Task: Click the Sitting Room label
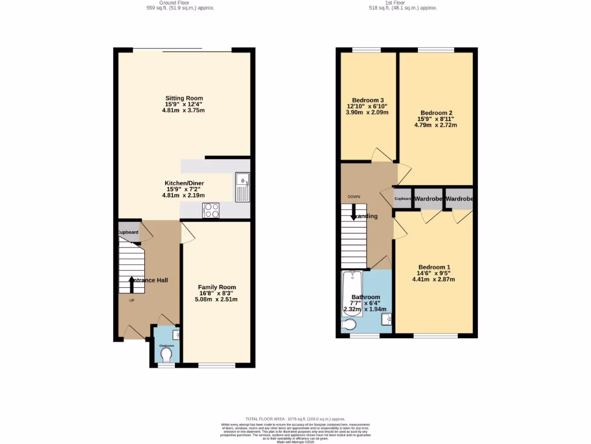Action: coord(184,98)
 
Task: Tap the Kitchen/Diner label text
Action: coord(184,183)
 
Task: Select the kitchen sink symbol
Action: coord(241,187)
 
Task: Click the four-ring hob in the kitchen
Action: coord(211,210)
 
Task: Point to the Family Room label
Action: coord(216,287)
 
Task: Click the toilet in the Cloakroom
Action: coord(167,353)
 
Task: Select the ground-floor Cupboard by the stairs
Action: coord(128,232)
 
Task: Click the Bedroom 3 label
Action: coord(365,100)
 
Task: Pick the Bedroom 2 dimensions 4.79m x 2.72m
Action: coord(436,125)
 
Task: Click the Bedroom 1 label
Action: coord(433,267)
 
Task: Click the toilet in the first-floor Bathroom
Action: coord(349,326)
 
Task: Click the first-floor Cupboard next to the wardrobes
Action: coord(403,199)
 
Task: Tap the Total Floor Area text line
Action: coord(295,419)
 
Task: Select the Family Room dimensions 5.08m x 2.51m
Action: coord(216,299)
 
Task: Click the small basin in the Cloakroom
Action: coord(176,335)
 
